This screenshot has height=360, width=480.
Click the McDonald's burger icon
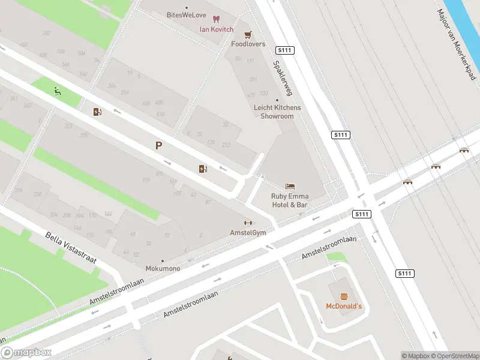tap(344, 296)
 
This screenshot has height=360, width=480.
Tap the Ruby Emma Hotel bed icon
tap(290, 187)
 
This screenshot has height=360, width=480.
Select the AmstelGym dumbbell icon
tap(248, 223)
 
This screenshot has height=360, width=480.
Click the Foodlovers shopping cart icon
tap(248, 35)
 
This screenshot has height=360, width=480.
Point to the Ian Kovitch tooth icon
tap(216, 20)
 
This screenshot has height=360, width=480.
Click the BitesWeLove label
tap(186, 14)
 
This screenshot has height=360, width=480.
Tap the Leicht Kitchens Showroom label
tap(277, 112)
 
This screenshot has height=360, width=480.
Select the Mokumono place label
tap(163, 268)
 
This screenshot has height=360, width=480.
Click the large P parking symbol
tap(159, 145)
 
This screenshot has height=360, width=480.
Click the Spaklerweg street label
tap(282, 78)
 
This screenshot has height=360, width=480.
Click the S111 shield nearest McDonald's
tap(405, 274)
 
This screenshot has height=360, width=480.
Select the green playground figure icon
tap(57, 92)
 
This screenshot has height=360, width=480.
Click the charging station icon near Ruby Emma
tap(203, 169)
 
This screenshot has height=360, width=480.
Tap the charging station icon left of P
tap(97, 112)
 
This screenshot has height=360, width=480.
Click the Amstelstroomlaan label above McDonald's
tap(329, 247)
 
